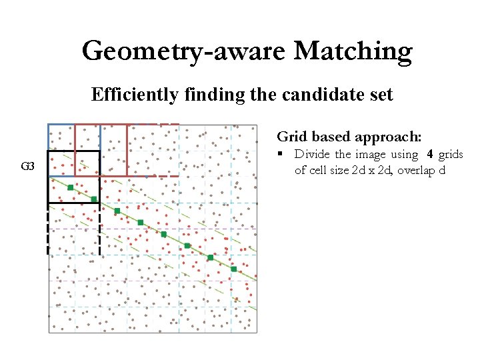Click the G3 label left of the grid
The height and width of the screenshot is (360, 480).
pos(28,166)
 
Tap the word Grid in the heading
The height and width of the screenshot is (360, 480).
pos(291,137)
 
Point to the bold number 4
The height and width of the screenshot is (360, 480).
pos(430,155)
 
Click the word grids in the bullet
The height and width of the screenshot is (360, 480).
pos(451,155)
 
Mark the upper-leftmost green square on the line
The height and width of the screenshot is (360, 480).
pos(71,188)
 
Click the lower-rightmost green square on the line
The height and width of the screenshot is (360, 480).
pos(233,269)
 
